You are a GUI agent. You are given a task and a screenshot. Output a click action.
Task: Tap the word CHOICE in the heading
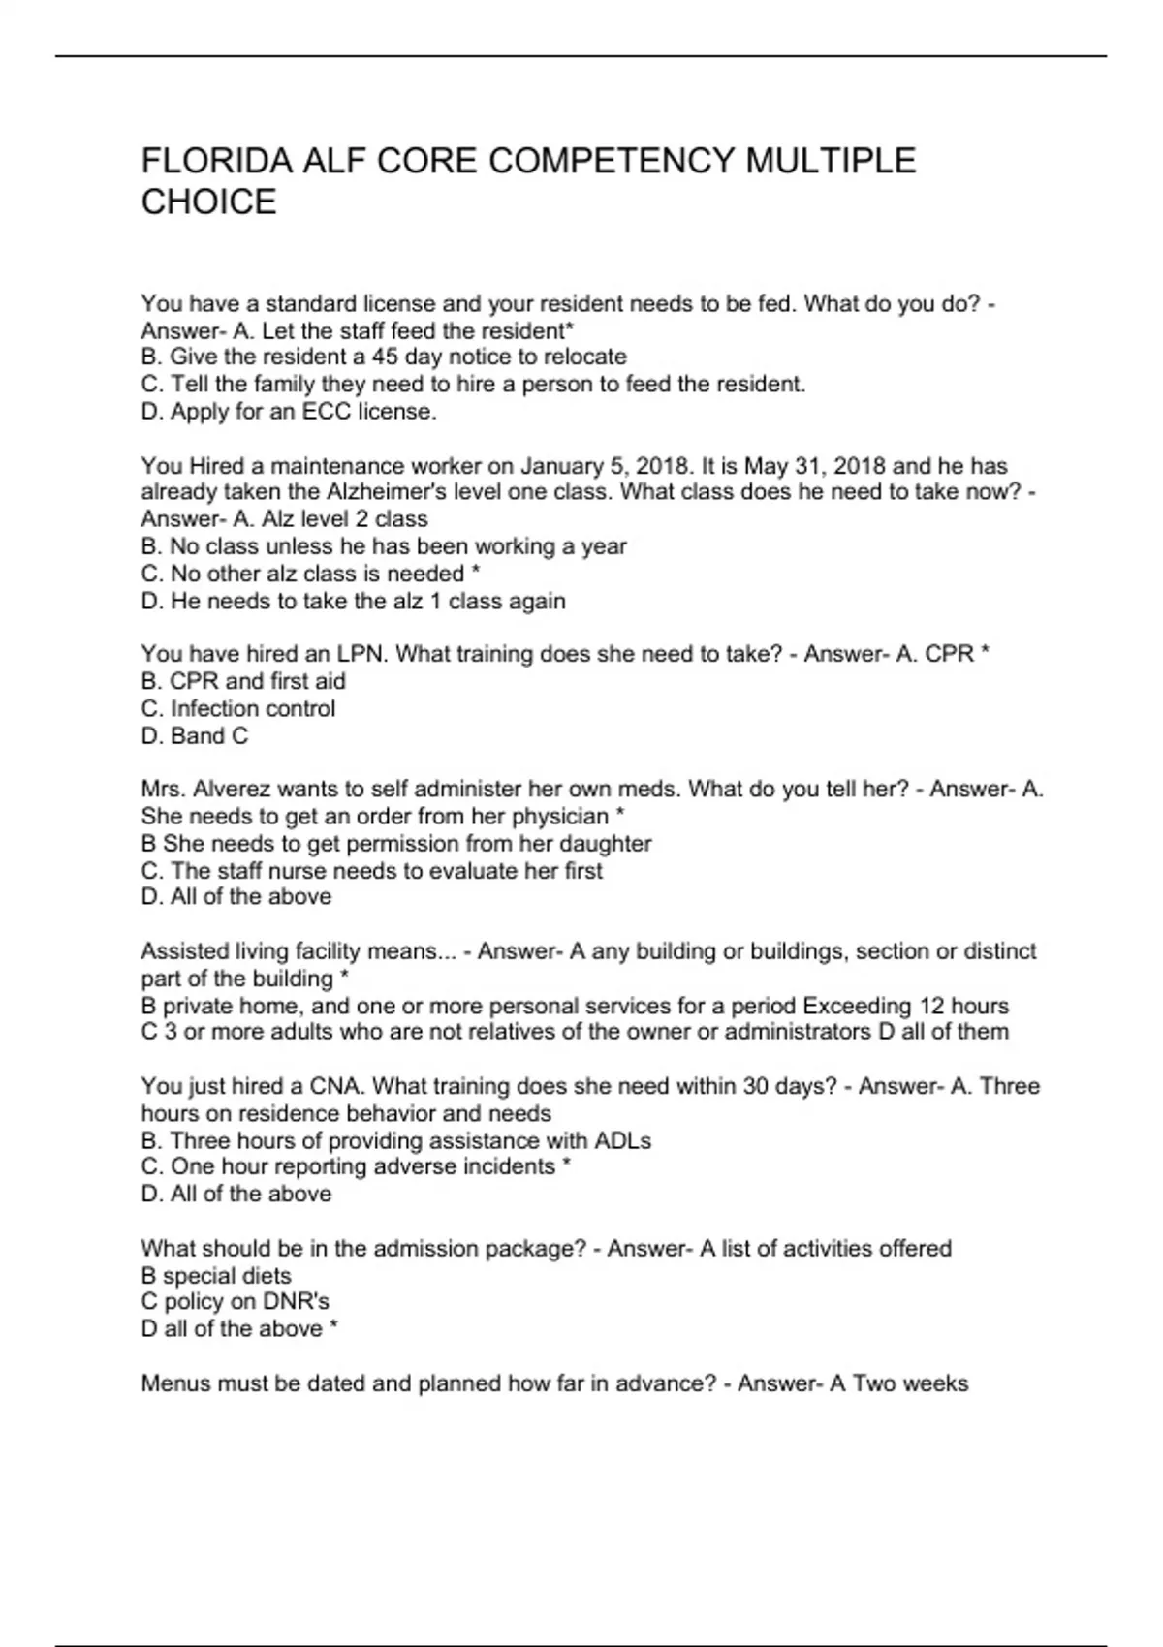tap(208, 202)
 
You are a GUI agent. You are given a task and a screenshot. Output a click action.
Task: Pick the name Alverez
tap(238, 790)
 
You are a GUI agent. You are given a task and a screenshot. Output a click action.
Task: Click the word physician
tap(560, 817)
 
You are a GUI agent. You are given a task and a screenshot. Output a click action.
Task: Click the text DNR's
tap(297, 1302)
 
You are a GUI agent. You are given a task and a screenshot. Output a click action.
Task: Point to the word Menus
tap(175, 1383)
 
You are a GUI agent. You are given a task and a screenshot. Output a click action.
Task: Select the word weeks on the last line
tap(936, 1383)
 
